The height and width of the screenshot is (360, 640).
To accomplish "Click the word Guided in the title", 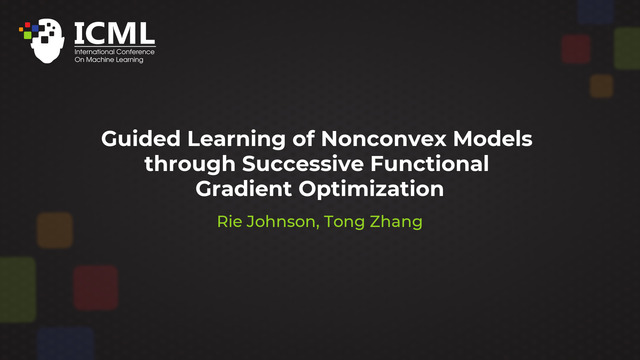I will point(134,139).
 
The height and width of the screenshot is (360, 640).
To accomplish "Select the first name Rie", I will point(230,221).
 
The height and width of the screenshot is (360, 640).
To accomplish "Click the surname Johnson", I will point(285,221).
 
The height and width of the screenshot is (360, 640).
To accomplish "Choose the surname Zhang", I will point(398,221).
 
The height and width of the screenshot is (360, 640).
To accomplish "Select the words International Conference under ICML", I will point(115,51).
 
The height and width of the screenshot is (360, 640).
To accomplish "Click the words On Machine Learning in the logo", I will point(109,60).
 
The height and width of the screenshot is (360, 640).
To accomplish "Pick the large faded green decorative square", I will point(14,289).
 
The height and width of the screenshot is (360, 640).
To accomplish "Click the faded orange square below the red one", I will point(601,86).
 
